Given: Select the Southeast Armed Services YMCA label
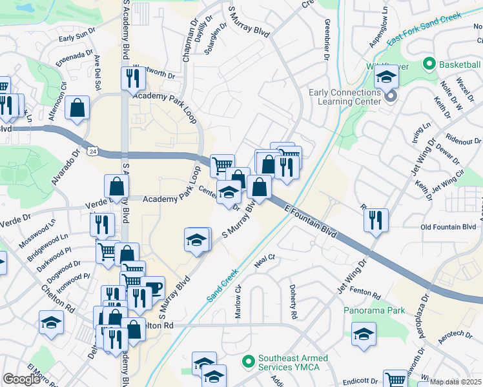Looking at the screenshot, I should click(x=293, y=363).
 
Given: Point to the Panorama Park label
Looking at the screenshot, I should click(x=374, y=310).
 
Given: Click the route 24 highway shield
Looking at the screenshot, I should click(x=94, y=151).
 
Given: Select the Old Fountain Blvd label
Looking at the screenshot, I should click(x=448, y=227).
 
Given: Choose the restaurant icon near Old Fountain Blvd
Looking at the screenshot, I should click(x=375, y=221).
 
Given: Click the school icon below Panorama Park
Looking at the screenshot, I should click(x=364, y=335).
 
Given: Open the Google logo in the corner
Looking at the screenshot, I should click(x=21, y=379).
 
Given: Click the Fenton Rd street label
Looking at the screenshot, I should click(x=367, y=293).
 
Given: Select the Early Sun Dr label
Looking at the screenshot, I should click(x=77, y=38).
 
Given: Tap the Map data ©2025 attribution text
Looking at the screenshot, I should click(x=455, y=382).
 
